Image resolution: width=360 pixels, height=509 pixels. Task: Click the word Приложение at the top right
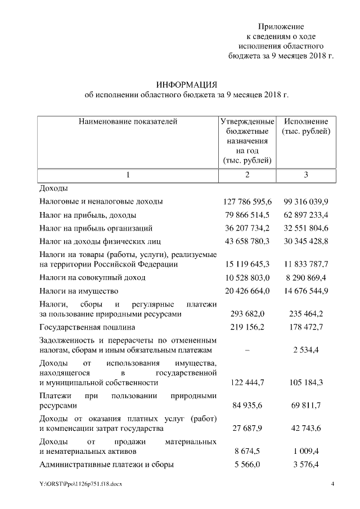(x=281, y=26)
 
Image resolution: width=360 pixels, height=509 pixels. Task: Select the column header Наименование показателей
(x=128, y=121)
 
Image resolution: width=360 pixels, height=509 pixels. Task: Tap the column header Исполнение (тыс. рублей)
(x=306, y=127)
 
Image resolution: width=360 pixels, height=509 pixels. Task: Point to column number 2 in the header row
(x=247, y=175)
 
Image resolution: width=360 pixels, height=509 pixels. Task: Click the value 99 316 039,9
(x=306, y=201)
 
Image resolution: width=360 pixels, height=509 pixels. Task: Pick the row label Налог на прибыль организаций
(x=96, y=228)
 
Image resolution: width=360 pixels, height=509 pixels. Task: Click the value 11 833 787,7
(x=306, y=264)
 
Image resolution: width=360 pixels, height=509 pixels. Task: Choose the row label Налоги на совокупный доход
(x=93, y=277)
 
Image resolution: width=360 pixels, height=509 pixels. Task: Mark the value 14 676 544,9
(x=306, y=291)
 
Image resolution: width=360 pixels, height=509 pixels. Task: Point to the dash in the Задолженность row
(x=247, y=349)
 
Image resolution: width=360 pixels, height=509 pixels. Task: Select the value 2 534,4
(x=306, y=349)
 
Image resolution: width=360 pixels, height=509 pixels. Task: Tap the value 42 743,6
(x=306, y=429)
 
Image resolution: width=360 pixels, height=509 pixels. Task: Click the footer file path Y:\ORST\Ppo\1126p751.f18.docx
(x=80, y=484)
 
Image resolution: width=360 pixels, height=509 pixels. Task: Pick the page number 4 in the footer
(x=332, y=484)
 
